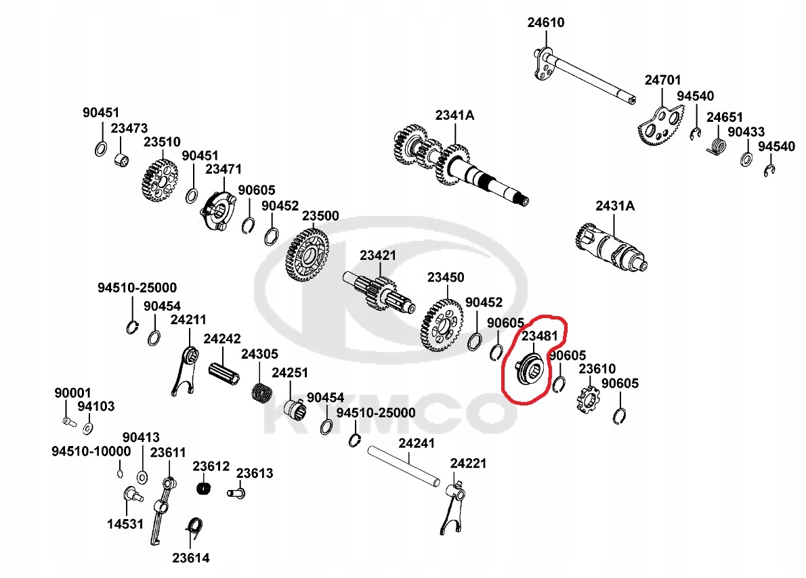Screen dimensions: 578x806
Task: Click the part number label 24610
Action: click(x=546, y=22)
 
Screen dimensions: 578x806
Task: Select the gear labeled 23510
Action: click(x=160, y=181)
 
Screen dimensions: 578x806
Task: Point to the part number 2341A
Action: click(x=454, y=115)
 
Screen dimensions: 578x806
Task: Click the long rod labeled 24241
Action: click(x=404, y=468)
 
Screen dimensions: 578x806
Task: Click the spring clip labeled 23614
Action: click(x=194, y=529)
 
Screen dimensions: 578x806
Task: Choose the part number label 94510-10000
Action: click(x=91, y=451)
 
